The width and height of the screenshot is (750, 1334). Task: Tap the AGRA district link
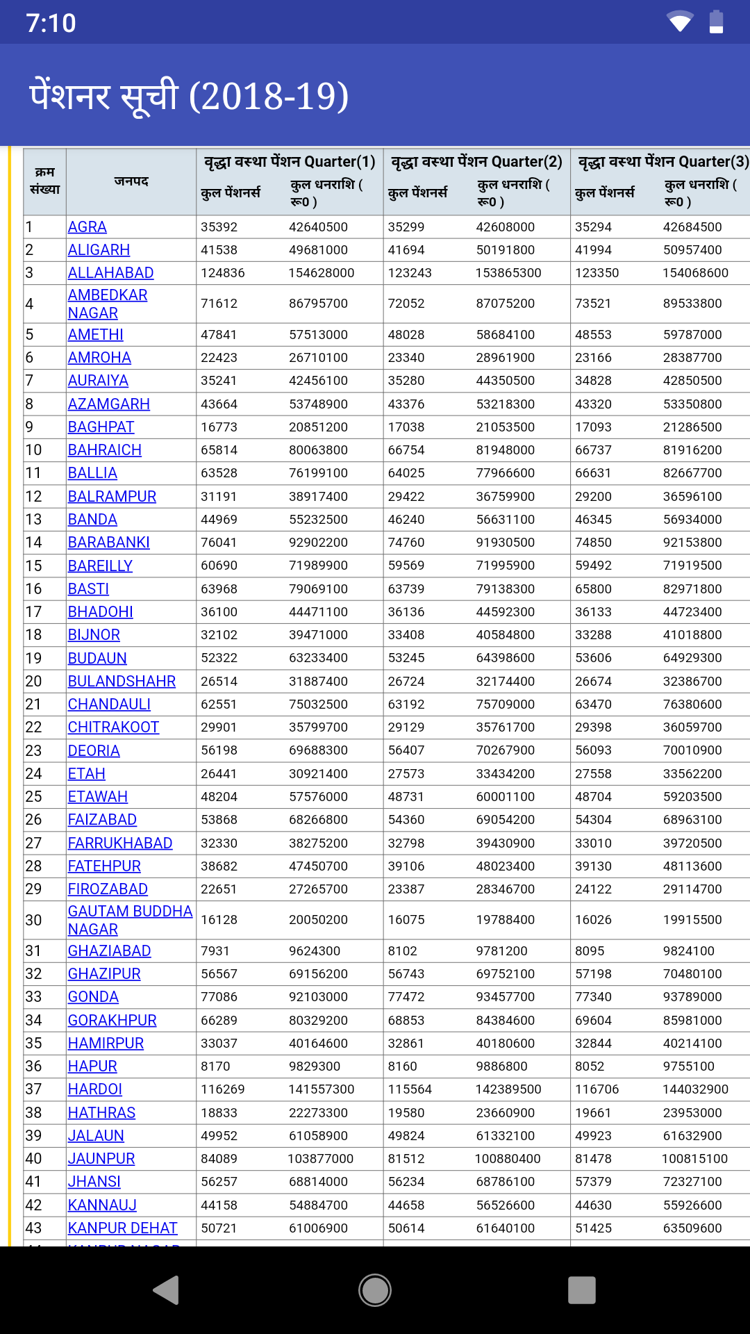point(87,227)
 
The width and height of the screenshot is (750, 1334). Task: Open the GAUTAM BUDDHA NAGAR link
point(130,920)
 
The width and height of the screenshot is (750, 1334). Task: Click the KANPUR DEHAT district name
point(123,1228)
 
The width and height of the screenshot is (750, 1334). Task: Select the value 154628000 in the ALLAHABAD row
point(322,273)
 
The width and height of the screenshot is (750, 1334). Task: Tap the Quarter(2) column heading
point(476,162)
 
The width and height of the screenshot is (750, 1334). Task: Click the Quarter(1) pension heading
point(290,162)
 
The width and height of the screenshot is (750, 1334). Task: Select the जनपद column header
point(131,181)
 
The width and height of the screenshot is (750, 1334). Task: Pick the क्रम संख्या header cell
point(45,181)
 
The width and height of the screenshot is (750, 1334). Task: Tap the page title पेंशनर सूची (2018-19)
point(189,96)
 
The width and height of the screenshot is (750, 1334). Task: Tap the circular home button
point(375,1290)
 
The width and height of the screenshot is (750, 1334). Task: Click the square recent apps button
point(582,1290)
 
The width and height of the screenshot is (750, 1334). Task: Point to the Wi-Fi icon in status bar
point(680,22)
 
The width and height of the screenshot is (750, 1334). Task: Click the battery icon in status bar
point(716,22)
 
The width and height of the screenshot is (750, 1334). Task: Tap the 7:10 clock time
point(51,23)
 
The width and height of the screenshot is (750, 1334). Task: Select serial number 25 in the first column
point(33,797)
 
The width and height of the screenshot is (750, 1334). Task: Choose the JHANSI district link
point(94,1182)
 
